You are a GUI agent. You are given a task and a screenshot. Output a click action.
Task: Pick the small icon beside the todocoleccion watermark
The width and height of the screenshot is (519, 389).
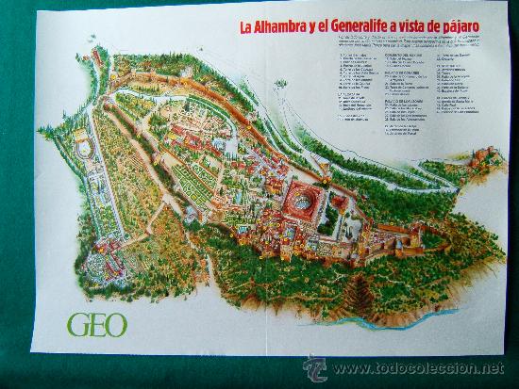point(314,367)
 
